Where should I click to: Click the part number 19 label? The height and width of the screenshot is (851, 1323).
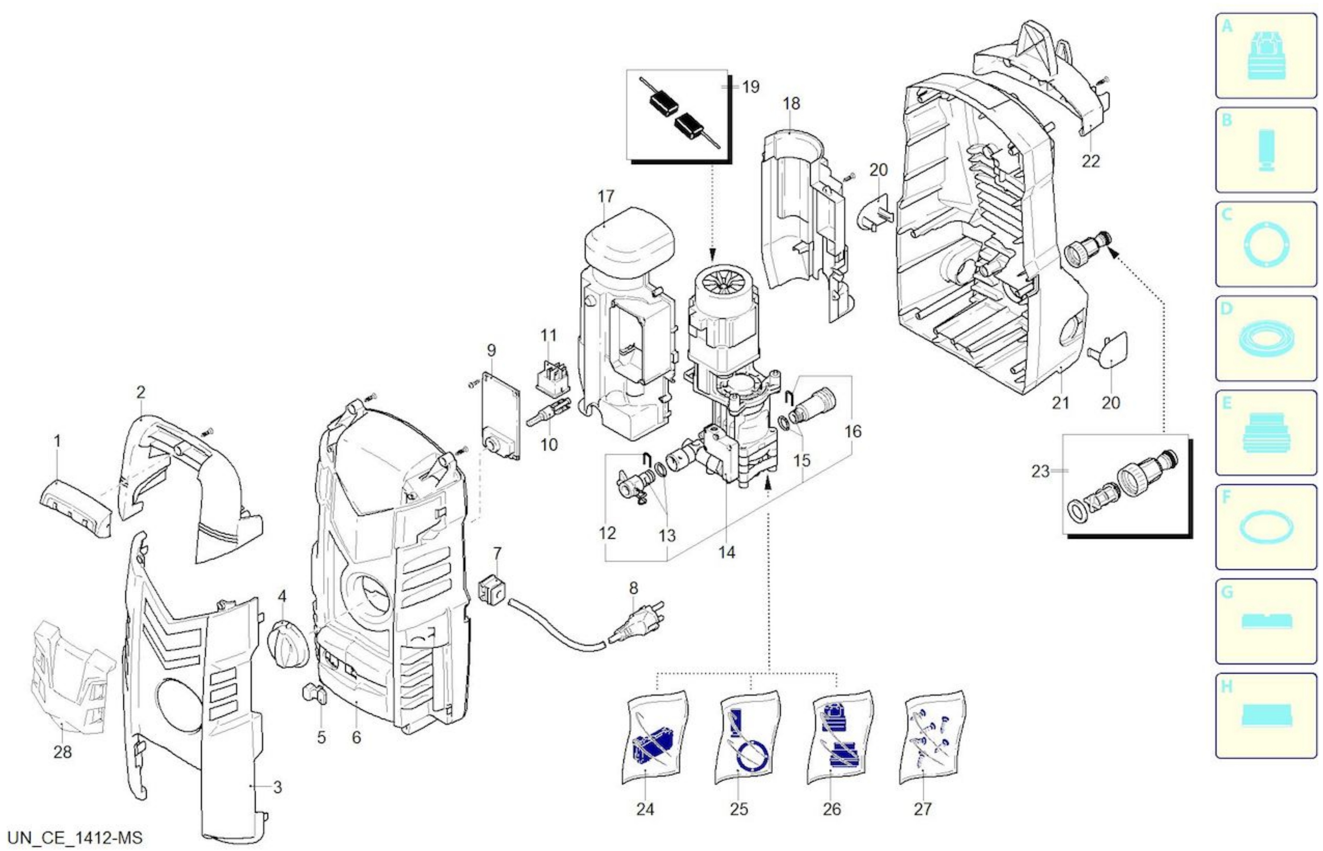pyautogui.click(x=750, y=87)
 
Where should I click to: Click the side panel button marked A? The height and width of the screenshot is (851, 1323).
pyautogui.click(x=1266, y=56)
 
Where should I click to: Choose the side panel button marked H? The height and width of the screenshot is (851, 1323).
pyautogui.click(x=1266, y=716)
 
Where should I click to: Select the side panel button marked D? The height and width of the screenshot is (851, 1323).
pyautogui.click(x=1266, y=338)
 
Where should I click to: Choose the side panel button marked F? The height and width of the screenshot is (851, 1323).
pyautogui.click(x=1266, y=527)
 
